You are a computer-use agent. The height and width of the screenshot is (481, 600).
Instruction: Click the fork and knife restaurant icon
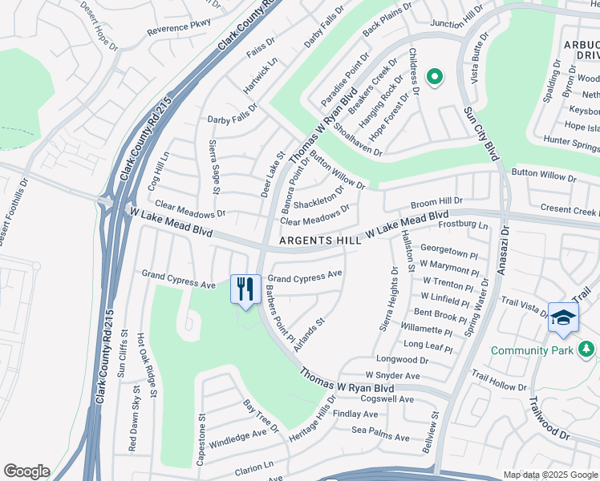tap(245, 289)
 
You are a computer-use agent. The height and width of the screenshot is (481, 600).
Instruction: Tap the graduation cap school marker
tap(563, 317)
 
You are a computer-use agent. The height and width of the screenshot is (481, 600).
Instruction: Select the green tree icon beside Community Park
tap(587, 350)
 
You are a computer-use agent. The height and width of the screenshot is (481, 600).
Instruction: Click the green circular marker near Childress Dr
tap(435, 77)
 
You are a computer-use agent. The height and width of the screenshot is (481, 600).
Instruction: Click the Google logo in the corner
tap(26, 471)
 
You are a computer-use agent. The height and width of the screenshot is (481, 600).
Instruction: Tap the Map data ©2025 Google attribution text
tap(550, 475)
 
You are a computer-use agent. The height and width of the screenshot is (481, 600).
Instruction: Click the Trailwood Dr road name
tap(547, 420)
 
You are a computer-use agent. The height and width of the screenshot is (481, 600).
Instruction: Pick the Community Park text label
tap(532, 350)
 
